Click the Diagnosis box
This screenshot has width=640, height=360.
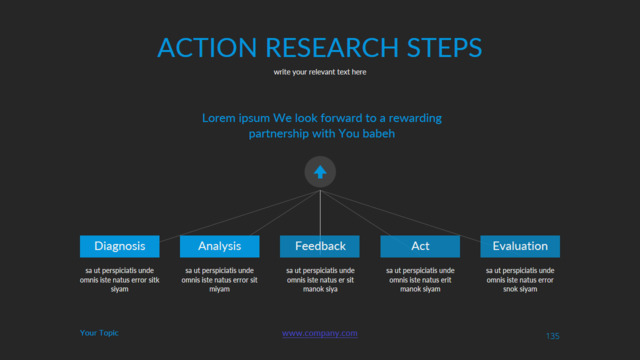coord(120,246)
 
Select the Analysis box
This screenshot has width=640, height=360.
coord(220,246)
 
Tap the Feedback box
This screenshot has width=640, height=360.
coord(320,246)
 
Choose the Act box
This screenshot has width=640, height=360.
coord(420,246)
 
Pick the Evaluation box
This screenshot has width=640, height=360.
coord(520,246)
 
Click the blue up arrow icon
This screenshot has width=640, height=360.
coord(320,172)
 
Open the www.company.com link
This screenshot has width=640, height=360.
coord(320,333)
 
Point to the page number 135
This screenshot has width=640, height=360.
coord(553,336)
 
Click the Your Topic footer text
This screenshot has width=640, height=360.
coord(99,333)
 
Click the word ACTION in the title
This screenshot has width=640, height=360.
coord(207,47)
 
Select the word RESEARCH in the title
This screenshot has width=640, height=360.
coord(332,47)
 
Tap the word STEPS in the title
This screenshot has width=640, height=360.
coord(444,47)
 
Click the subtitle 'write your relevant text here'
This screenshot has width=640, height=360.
coord(320,72)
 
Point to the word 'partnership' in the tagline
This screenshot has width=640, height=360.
coord(279,134)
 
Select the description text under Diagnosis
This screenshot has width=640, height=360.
coord(120,280)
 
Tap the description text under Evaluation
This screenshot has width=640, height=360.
coord(520,280)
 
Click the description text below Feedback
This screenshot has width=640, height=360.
coord(320,280)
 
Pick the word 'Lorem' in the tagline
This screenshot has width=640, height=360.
coord(218,118)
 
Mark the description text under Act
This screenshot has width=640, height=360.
coord(420,280)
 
